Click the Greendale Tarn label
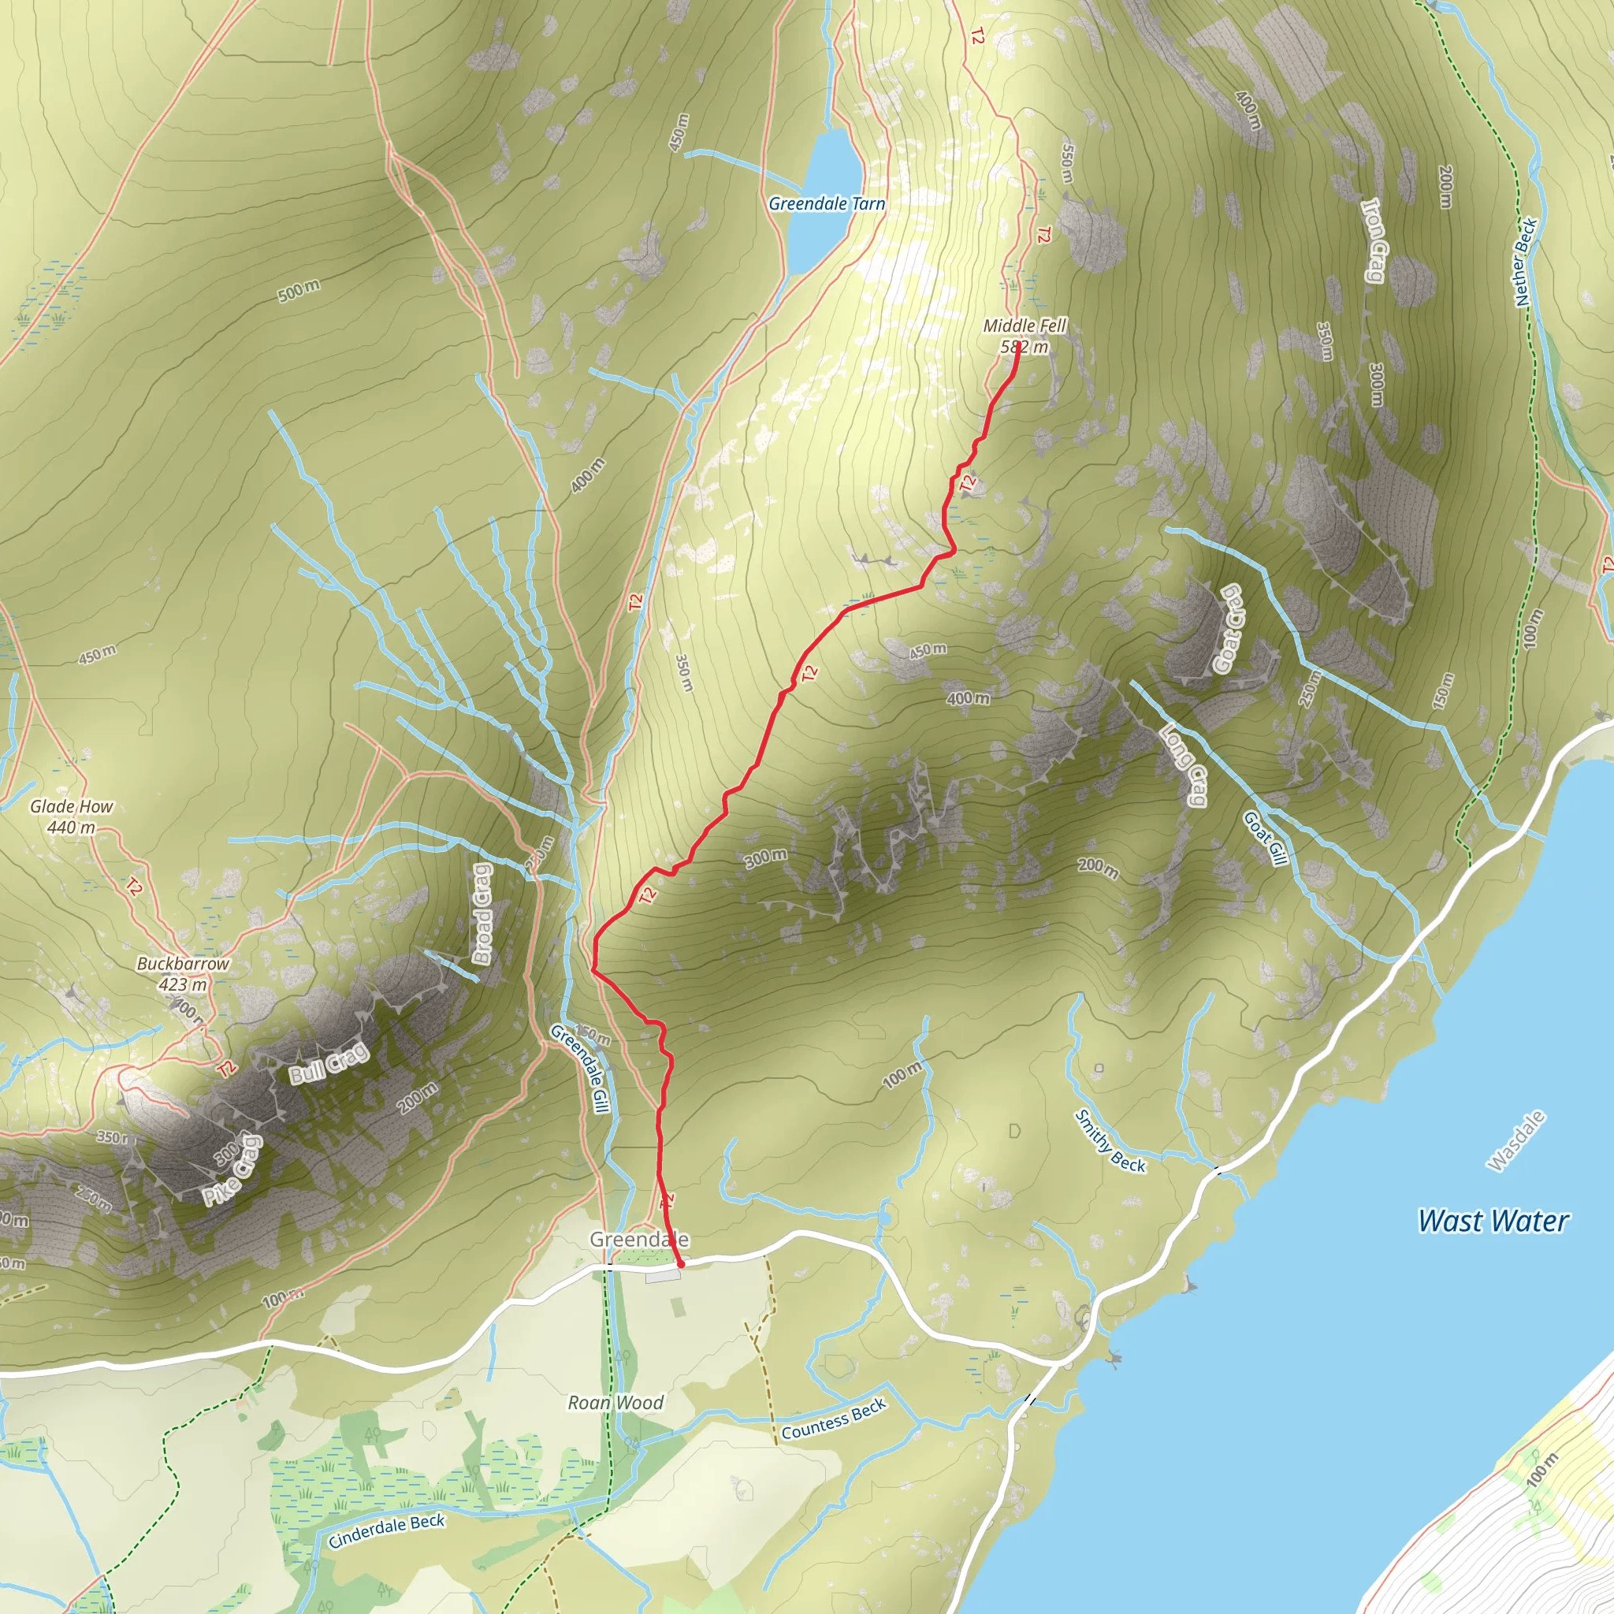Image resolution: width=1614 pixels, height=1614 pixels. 826,204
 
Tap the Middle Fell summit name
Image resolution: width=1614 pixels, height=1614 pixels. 1025,325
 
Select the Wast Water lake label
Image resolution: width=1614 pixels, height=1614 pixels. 1493,1221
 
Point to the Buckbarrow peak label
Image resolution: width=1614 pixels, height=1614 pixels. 183,963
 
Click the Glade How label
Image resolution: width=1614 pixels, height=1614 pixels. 71,807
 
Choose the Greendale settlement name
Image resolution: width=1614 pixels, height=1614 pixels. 639,1239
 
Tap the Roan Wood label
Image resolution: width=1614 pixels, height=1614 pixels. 615,1403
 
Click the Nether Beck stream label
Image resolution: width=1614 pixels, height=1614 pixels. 1525,261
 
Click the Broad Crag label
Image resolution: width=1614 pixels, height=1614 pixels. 483,913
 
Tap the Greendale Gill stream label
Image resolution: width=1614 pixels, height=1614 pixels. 578,1069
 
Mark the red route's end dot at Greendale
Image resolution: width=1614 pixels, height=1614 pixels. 681,1265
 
